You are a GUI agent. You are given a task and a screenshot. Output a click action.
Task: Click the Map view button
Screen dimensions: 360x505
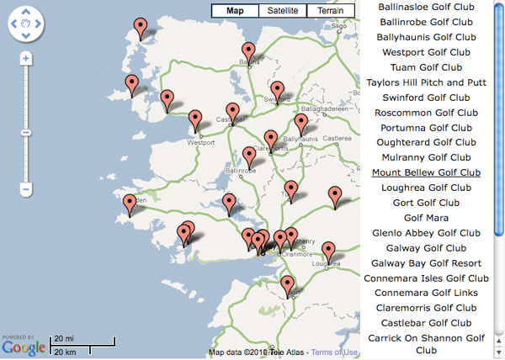coord(236,11)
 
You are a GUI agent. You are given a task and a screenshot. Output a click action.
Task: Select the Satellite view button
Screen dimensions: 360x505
coord(283,11)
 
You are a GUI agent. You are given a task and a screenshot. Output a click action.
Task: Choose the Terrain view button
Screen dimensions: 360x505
coord(330,11)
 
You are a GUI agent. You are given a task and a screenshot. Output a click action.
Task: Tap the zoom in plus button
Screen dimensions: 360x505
coord(26,59)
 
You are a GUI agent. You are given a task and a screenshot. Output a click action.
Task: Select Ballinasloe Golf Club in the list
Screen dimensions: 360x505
coord(426,7)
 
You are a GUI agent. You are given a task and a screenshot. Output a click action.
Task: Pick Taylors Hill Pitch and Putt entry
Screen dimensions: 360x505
coord(426,82)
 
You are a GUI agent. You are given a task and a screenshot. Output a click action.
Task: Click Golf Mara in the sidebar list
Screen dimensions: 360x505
coord(426,218)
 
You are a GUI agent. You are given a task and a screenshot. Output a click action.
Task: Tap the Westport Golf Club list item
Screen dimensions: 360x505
coord(426,52)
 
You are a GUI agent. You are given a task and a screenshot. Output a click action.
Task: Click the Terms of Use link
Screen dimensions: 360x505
coord(334,352)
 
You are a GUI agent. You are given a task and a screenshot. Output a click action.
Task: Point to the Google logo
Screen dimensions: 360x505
coord(23,347)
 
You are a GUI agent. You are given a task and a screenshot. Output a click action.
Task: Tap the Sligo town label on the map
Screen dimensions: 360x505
coord(339,27)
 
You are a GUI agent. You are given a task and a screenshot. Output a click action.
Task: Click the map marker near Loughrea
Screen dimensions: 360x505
coord(328,250)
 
